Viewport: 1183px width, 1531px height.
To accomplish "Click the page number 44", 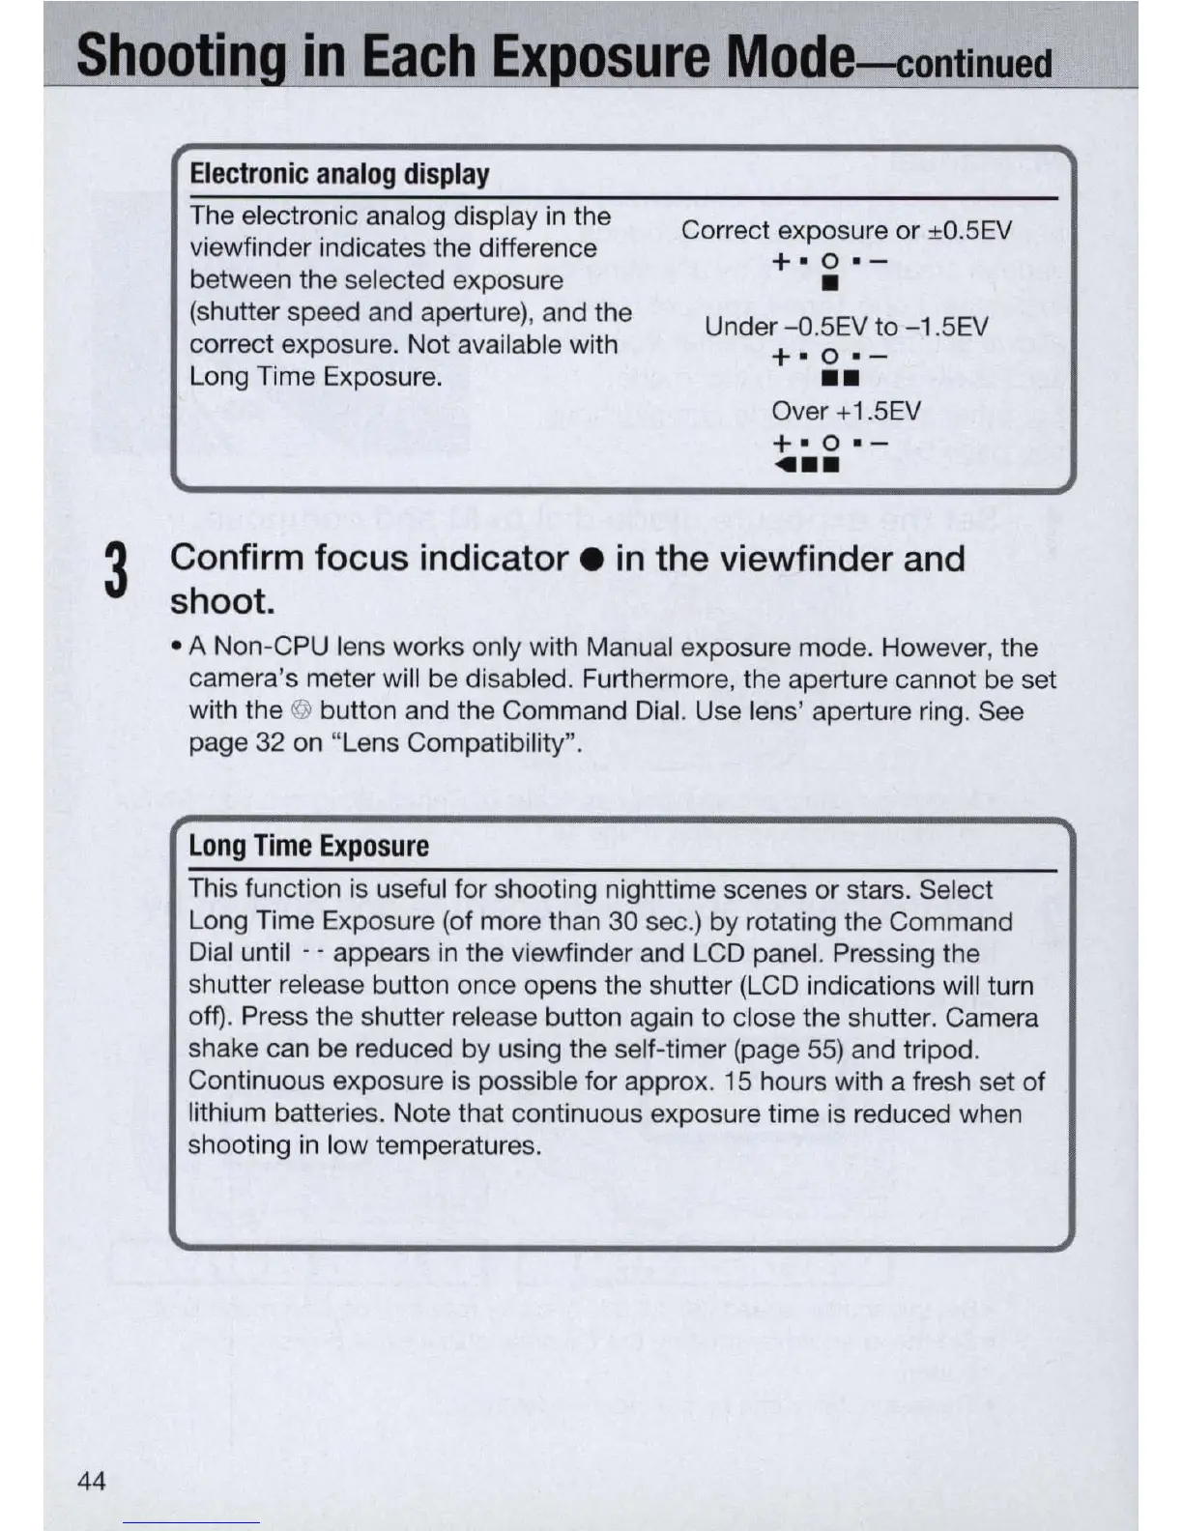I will click(x=91, y=1481).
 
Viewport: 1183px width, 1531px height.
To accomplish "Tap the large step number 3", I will click(x=116, y=572).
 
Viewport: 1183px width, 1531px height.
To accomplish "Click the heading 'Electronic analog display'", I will click(x=339, y=174).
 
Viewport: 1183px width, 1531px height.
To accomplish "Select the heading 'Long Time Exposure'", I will click(x=308, y=846).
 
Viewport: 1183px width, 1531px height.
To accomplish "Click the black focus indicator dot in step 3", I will click(x=591, y=560).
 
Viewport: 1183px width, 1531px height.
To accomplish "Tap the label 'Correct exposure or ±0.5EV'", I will click(x=846, y=230).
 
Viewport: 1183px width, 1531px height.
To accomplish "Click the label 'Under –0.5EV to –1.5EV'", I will click(x=846, y=327).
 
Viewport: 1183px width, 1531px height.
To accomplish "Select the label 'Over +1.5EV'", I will click(x=846, y=412).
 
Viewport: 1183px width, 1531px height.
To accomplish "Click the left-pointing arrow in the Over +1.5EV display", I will click(x=783, y=465).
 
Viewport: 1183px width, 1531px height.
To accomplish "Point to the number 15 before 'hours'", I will click(x=738, y=1082).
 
